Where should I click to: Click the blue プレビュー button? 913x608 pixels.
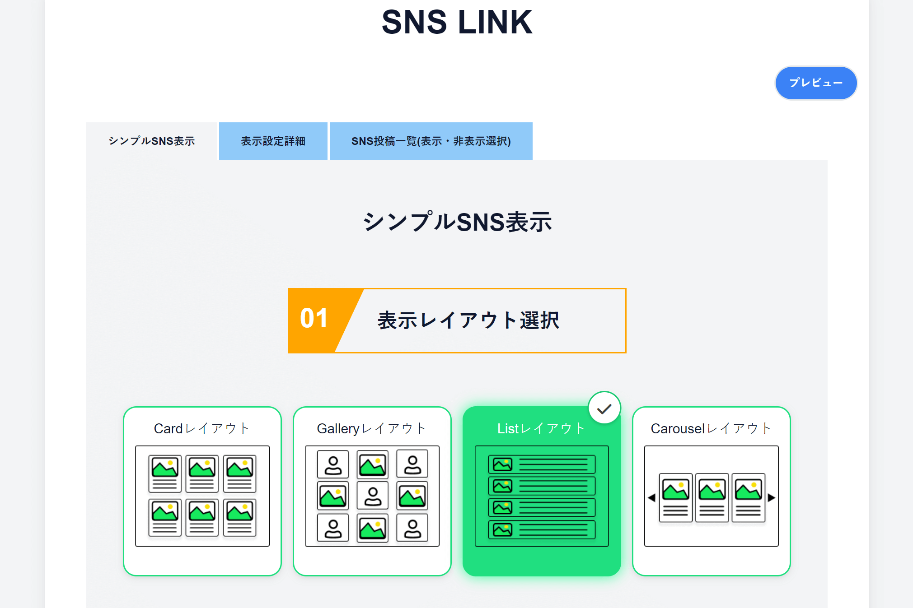pos(816,83)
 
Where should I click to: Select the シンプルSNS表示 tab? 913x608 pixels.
pos(152,141)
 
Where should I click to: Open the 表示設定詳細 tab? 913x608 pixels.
pos(273,141)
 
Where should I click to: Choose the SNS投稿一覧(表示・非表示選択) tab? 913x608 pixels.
pos(431,141)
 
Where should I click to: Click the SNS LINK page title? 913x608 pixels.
pos(457,22)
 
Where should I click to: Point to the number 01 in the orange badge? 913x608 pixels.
pos(314,319)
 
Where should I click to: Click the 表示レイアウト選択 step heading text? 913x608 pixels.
pos(468,320)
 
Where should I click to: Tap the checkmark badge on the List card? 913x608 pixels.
pos(604,408)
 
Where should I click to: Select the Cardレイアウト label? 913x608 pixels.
pos(202,428)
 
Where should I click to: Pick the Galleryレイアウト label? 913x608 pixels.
pos(372,428)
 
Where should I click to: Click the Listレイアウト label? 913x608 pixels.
pos(541,428)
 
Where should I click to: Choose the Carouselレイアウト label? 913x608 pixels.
pos(711,428)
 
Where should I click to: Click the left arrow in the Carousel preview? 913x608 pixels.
pos(651,498)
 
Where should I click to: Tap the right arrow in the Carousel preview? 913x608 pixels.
pos(772,498)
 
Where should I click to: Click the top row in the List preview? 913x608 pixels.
pos(542,464)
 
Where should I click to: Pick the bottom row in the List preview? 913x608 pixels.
pos(542,530)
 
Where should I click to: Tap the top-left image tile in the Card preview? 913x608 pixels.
pos(165,473)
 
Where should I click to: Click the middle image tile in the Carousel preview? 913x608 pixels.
pos(712,497)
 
